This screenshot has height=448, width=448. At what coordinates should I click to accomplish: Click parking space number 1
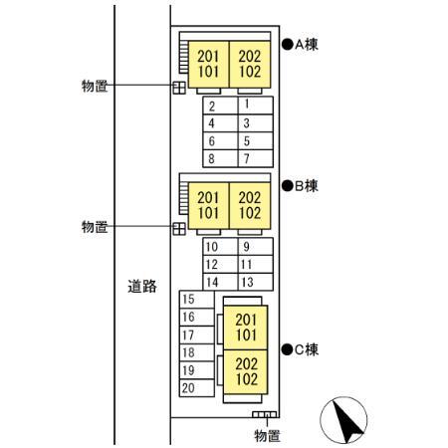(256, 106)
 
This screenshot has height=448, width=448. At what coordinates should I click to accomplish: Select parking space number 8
(220, 158)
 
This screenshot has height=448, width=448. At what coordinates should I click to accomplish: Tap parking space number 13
(256, 282)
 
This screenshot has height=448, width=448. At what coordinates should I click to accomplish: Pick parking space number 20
(197, 388)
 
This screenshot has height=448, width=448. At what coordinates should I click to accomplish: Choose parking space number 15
(197, 300)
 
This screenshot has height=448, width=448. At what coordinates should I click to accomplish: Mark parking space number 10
(220, 247)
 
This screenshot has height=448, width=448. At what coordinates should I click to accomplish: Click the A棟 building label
(301, 44)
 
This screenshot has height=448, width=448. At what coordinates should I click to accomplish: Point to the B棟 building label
(301, 186)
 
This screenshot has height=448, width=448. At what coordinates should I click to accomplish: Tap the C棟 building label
(301, 349)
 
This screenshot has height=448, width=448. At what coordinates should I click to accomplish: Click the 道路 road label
(142, 286)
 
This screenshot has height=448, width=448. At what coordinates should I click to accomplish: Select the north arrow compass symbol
(343, 420)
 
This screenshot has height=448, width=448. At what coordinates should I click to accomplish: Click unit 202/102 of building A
(250, 65)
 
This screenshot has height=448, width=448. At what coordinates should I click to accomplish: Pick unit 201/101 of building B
(208, 206)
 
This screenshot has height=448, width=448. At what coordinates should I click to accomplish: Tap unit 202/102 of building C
(246, 372)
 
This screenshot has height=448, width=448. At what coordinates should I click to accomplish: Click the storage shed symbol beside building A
(179, 88)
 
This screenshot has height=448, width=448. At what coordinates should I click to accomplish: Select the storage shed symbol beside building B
(179, 229)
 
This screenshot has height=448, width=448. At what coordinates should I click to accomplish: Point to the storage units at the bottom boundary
(264, 414)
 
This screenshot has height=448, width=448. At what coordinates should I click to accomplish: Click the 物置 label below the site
(267, 436)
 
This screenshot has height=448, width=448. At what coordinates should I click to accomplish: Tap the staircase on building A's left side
(183, 57)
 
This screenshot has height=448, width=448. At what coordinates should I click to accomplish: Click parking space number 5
(256, 140)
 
